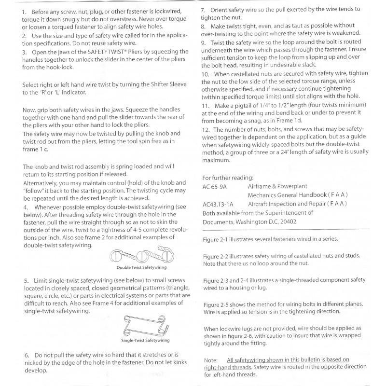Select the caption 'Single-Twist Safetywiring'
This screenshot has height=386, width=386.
145,340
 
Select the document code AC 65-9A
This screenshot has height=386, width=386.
215,186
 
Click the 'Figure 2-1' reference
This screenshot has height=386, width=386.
216,239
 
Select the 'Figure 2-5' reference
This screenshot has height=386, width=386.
216,304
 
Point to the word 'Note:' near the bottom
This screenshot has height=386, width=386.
211,359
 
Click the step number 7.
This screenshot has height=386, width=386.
204,9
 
